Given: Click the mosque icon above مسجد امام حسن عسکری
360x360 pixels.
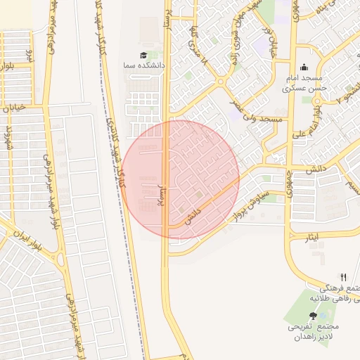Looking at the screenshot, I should tap(303, 68).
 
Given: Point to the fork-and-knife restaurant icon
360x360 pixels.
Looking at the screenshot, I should tap(343, 277).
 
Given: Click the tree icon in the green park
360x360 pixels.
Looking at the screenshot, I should tap(313, 316).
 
